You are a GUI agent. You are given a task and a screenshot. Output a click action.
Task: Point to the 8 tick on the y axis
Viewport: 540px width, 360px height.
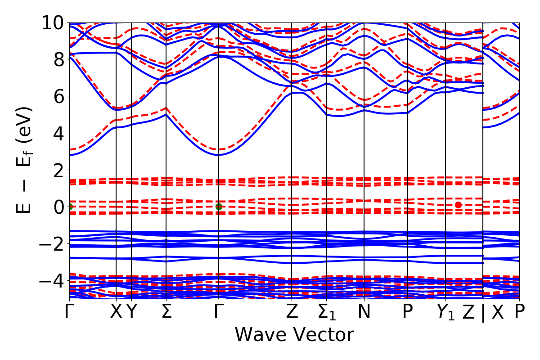tap(57, 59)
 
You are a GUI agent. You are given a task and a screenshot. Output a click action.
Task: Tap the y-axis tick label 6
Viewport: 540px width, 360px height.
tap(57, 96)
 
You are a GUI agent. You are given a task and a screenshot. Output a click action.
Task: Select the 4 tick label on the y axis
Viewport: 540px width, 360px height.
tap(57, 133)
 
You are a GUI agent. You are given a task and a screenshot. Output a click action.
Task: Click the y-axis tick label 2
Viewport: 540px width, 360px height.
tap(57, 170)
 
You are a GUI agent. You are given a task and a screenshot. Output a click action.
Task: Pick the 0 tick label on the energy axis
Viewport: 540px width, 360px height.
tap(57, 207)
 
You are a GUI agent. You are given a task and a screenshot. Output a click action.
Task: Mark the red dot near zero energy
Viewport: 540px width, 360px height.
tap(458, 205)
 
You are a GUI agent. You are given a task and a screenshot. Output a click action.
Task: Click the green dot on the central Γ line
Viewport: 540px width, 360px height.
tap(219, 207)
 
